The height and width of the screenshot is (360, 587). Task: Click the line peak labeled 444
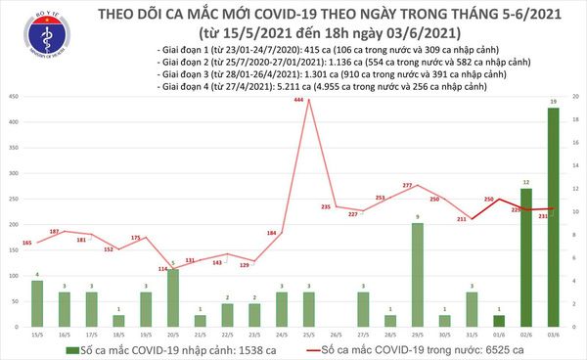pos(308,100)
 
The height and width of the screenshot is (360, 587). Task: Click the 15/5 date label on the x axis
pos(36,334)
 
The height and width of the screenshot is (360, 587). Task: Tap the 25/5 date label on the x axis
pos(308,334)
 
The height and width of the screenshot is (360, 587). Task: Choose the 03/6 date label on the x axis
pos(553,334)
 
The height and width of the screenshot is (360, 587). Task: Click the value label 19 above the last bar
pos(553,101)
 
